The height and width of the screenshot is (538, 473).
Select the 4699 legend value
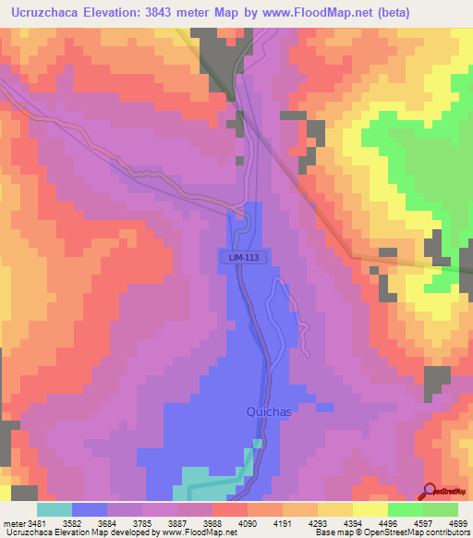click(x=456, y=523)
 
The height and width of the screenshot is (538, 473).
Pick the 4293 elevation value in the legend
click(x=317, y=523)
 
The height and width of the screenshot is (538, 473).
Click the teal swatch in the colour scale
click(x=55, y=509)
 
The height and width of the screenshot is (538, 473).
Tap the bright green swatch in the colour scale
click(x=406, y=509)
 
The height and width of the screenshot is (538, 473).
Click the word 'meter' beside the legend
click(x=14, y=523)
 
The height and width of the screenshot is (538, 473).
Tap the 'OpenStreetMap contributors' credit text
click(x=413, y=532)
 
